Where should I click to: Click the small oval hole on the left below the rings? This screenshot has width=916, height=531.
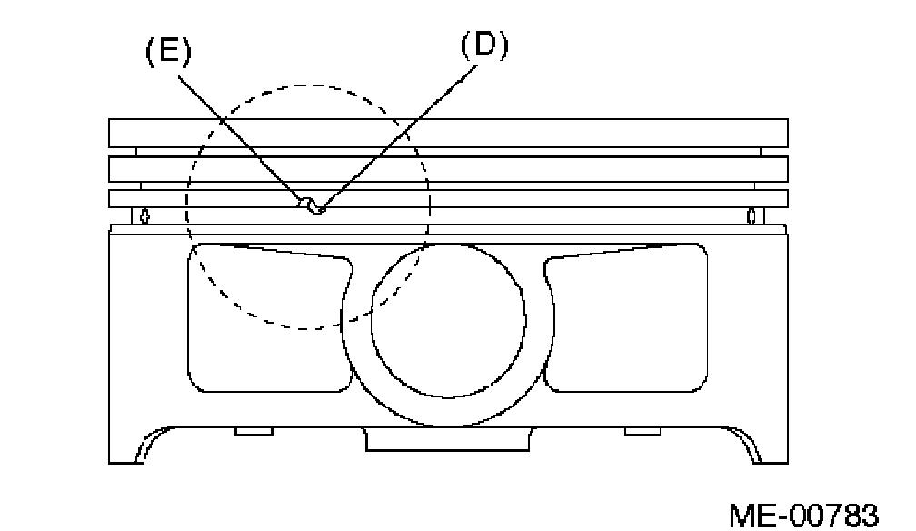tap(144, 216)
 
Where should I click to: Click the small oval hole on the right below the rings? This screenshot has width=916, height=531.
tap(752, 216)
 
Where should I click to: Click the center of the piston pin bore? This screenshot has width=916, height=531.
tap(448, 321)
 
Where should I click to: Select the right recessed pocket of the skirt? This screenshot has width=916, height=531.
tap(627, 318)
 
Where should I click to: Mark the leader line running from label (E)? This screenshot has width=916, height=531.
tap(241, 136)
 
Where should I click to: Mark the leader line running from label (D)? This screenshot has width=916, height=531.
tap(400, 128)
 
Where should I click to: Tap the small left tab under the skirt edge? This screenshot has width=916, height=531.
tap(254, 429)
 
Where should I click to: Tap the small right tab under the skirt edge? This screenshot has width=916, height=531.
tap(643, 429)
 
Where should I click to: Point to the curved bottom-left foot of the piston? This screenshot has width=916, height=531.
tap(145, 446)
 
